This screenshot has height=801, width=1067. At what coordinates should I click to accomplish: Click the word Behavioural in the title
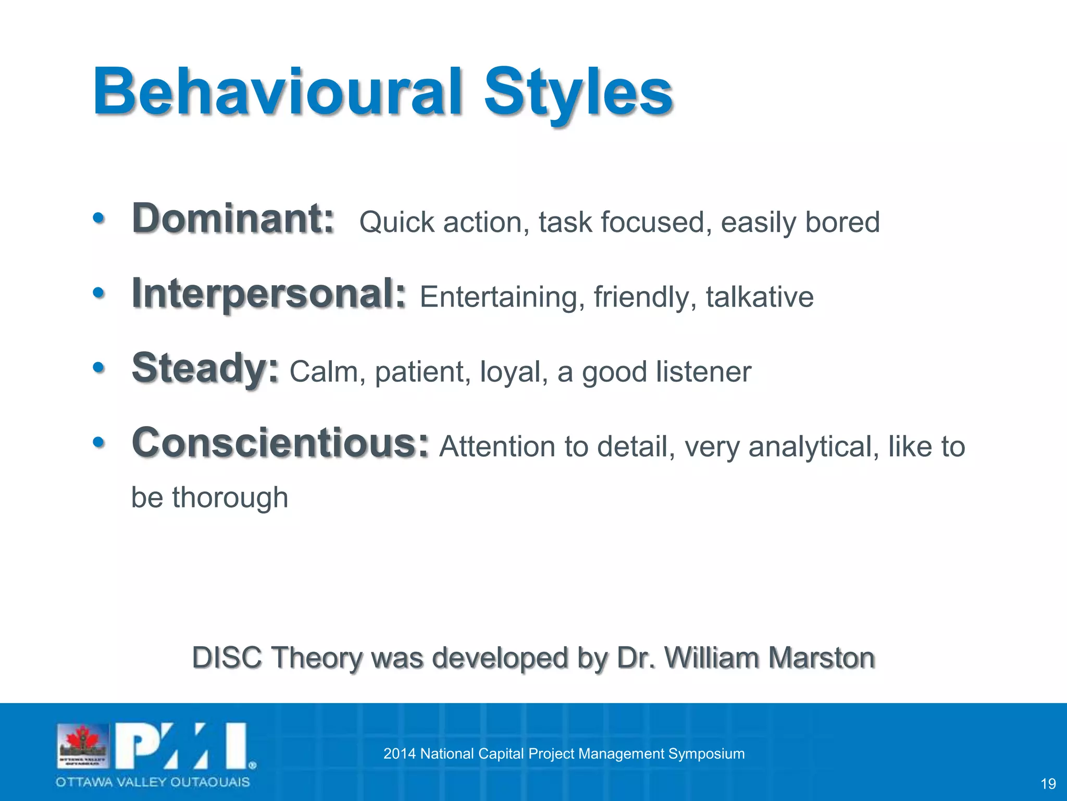coord(276,92)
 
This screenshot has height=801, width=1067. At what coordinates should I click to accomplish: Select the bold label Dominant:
coord(233,219)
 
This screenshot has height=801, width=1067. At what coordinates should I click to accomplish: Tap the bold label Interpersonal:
coord(268,294)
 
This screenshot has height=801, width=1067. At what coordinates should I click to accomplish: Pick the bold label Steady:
coord(205,369)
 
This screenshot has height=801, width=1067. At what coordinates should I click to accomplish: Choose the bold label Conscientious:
coord(280,443)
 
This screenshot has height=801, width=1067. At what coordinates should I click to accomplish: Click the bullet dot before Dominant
coord(98,219)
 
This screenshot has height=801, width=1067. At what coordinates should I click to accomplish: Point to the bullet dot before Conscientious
coord(98,443)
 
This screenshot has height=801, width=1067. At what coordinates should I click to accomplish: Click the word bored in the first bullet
coord(842,222)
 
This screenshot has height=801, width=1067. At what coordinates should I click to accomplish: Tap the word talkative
coord(759,297)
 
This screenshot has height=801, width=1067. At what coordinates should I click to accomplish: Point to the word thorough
coord(230,497)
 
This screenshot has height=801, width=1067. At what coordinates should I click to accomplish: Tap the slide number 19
coord(1048,784)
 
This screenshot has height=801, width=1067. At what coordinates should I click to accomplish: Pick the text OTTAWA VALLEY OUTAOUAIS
coord(153,782)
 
